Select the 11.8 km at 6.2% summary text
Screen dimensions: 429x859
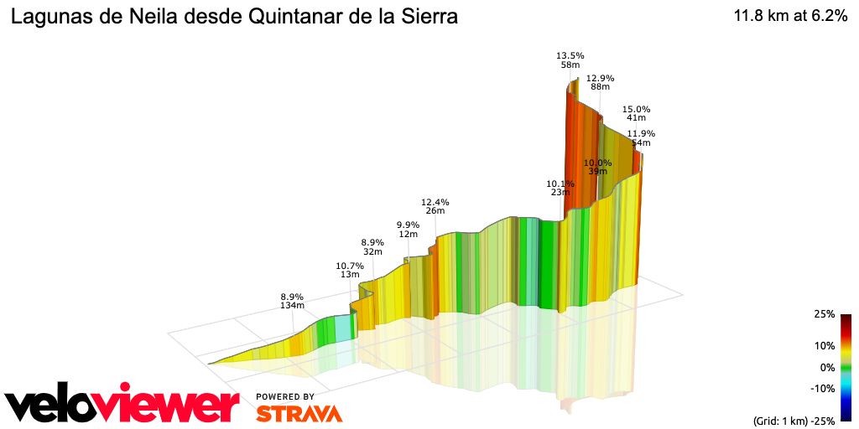[790, 17]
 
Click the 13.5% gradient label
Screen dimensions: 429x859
[570, 56]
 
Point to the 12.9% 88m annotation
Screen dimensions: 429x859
[600, 82]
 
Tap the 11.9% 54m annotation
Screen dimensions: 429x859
[641, 138]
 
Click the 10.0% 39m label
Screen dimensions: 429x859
[597, 166]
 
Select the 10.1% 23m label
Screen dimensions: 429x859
[560, 188]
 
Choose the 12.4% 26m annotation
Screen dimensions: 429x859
[435, 206]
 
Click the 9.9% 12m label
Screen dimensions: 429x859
[408, 229]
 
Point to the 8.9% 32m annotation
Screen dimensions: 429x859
[372, 246]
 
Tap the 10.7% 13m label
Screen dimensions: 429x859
[349, 270]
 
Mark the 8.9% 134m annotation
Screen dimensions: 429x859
[291, 302]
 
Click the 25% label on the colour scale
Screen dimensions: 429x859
[824, 314]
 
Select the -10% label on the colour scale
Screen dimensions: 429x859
[821, 388]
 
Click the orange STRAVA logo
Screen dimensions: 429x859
[299, 413]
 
